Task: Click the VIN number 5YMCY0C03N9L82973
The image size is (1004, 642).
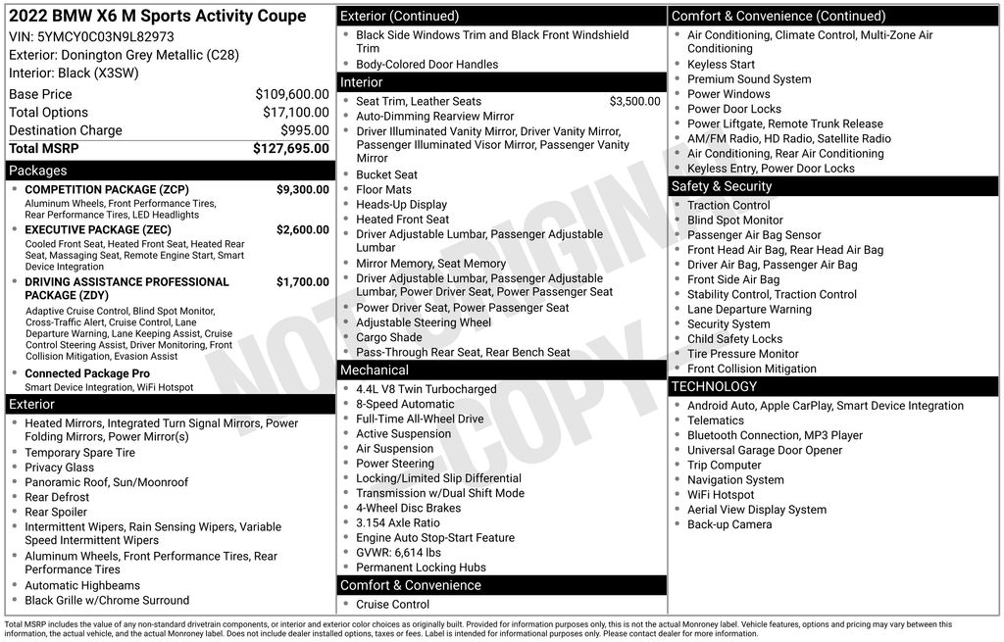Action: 106,36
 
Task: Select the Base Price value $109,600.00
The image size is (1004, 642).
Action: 292,94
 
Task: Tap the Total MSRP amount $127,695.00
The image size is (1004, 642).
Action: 291,148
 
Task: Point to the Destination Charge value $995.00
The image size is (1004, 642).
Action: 305,130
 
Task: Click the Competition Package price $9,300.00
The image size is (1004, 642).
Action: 303,189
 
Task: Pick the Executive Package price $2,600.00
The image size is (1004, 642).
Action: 303,230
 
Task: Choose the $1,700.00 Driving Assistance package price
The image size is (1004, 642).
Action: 303,282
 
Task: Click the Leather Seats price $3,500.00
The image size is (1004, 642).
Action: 634,101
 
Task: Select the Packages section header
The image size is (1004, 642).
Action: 38,171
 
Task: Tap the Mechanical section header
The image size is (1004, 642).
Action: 374,370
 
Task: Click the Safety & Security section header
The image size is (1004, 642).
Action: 722,186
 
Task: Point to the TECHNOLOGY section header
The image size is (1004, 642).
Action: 714,386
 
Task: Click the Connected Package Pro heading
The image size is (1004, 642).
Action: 87,373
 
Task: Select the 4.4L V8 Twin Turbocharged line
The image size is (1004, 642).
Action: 427,389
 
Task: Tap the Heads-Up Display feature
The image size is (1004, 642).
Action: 401,205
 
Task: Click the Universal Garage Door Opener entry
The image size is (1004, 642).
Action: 765,450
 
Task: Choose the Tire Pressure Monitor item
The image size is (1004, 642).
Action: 743,354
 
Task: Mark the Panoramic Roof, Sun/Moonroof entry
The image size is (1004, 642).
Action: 107,482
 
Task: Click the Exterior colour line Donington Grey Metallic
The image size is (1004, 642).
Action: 124,55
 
